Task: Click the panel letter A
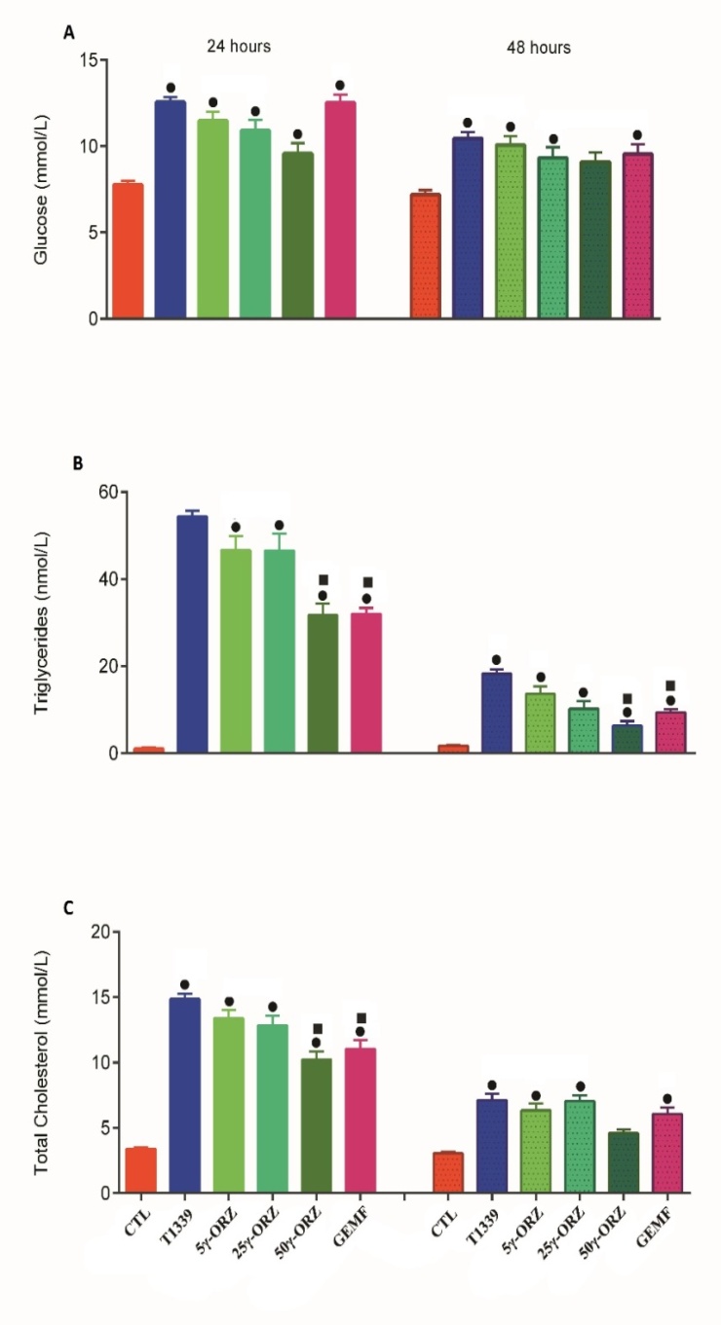pos(69,33)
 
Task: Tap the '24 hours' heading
pos(238,46)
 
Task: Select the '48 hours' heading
pos(538,47)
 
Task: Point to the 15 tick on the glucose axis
pos(95,60)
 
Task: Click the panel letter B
pos(78,463)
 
